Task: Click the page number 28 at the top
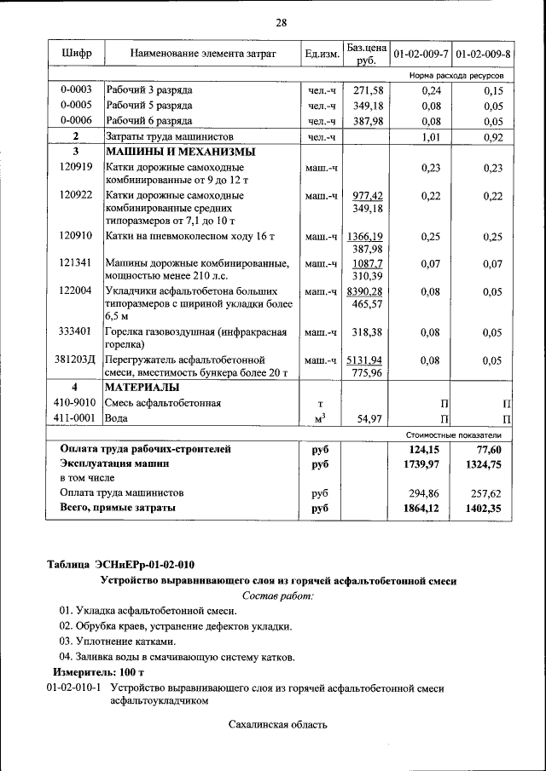tap(281, 22)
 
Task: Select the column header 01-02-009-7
tap(420, 55)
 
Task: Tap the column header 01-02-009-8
tap(483, 55)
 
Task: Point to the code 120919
tap(76, 169)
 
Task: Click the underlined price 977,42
tap(368, 195)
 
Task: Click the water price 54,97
tap(369, 418)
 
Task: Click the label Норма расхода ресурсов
tap(462, 76)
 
